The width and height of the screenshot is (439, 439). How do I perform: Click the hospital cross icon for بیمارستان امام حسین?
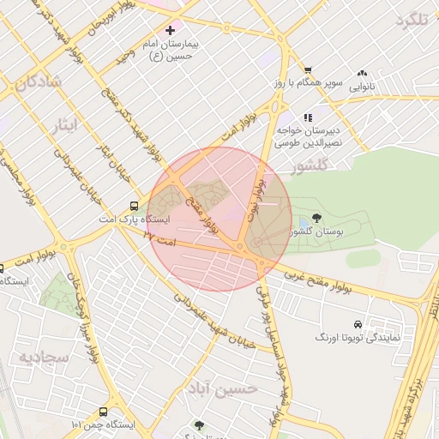click(x=170, y=31)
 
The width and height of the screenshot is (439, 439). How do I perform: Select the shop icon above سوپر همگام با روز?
click(x=308, y=71)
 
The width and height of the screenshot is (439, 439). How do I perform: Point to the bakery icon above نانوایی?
click(x=361, y=74)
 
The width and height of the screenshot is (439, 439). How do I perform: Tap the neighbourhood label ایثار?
click(x=61, y=126)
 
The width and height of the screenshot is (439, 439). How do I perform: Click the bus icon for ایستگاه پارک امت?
click(x=134, y=206)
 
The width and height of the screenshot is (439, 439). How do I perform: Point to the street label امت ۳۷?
click(x=160, y=239)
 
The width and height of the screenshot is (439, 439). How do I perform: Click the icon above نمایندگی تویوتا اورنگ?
click(x=357, y=325)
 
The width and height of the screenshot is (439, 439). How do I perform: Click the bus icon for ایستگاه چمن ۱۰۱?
click(x=104, y=412)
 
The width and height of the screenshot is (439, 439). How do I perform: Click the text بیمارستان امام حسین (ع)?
click(x=170, y=50)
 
